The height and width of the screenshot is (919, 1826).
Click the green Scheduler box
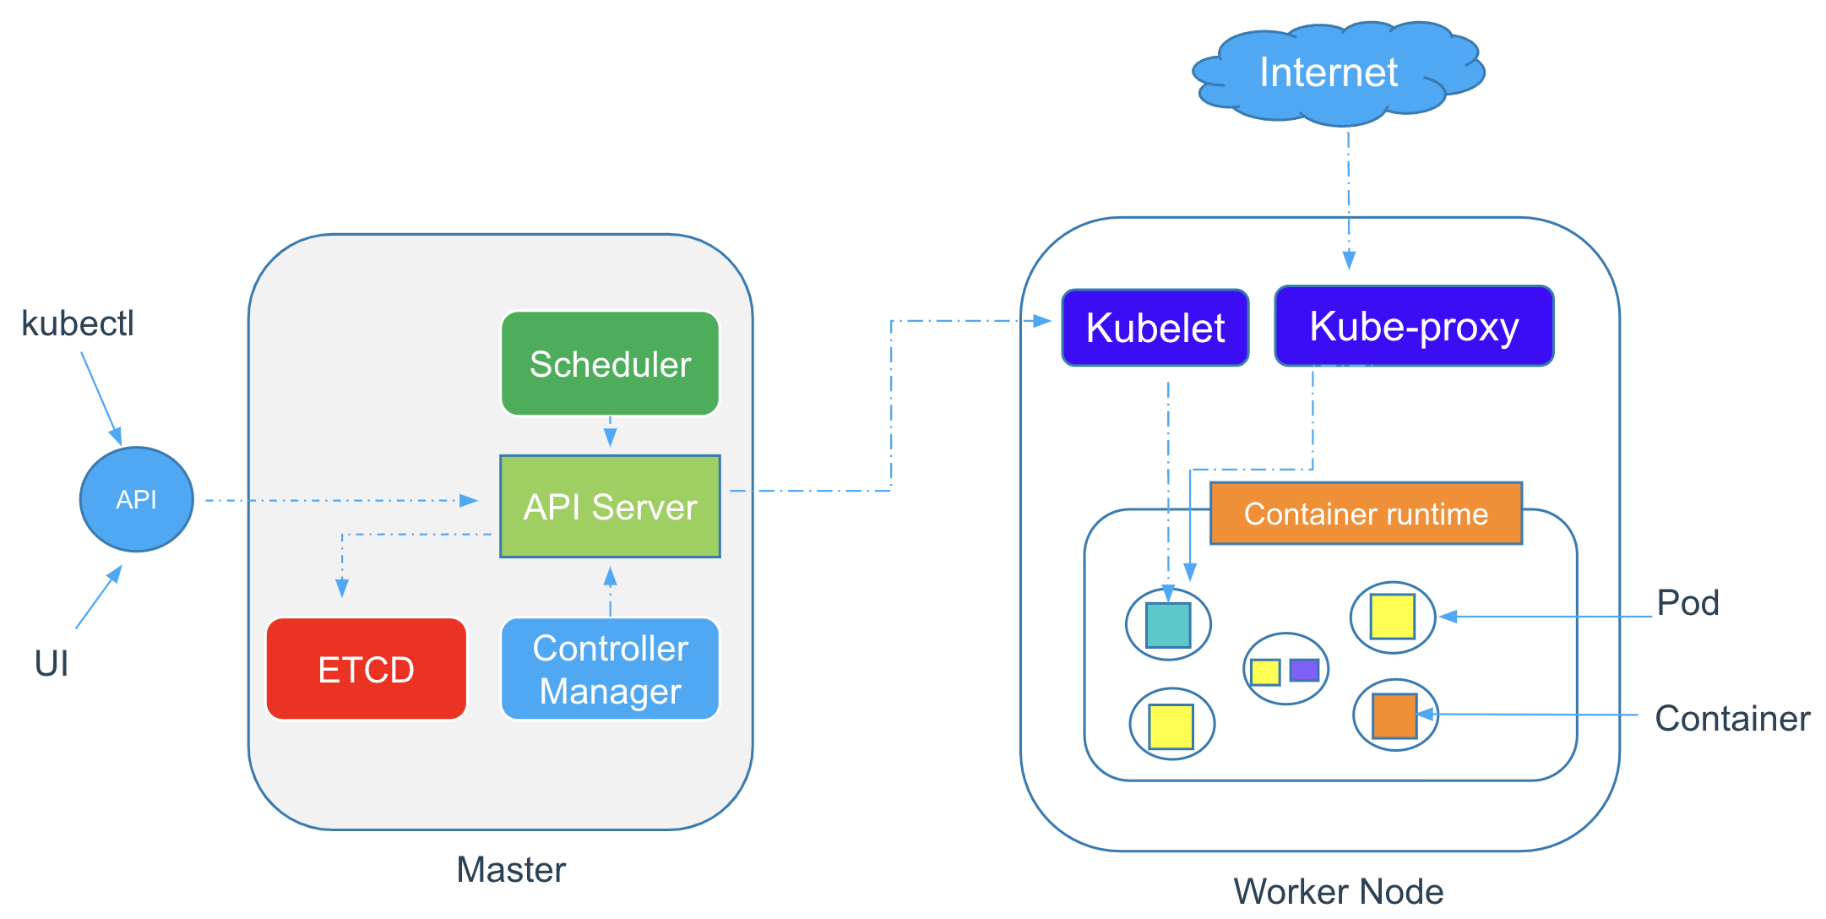[x=610, y=363]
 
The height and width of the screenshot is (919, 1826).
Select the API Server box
[x=610, y=506]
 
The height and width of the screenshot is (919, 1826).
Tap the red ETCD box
[x=366, y=669]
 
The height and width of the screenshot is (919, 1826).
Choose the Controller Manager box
[x=610, y=669]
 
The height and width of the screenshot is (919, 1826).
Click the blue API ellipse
[x=136, y=499]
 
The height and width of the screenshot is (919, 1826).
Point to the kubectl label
[x=77, y=324]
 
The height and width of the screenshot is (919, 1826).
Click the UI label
[x=51, y=664]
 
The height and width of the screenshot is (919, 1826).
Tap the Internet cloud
[x=1329, y=73]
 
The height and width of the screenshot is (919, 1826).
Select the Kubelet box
[x=1155, y=328]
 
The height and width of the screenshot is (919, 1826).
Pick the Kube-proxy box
[x=1413, y=326]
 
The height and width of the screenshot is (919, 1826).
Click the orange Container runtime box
[x=1366, y=514]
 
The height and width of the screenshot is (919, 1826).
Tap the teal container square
[x=1168, y=625]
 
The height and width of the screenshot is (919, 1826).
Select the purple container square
[x=1304, y=671]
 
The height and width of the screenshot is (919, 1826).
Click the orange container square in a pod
[x=1394, y=715]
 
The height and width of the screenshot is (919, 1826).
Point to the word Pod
[x=1687, y=603]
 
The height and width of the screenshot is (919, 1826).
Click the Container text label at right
[x=1731, y=719]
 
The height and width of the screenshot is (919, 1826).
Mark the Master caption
[x=510, y=869]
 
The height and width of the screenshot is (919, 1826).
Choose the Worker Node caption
[x=1338, y=891]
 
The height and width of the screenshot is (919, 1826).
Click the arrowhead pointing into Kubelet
[x=1043, y=321]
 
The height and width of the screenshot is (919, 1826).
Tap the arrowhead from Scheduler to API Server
[x=610, y=438]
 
